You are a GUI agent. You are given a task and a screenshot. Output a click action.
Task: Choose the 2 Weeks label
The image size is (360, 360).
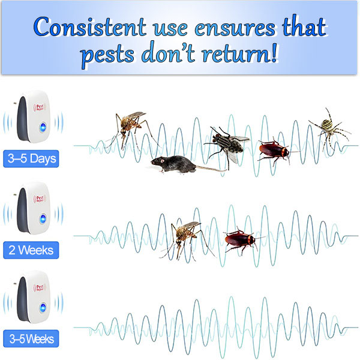(31, 250)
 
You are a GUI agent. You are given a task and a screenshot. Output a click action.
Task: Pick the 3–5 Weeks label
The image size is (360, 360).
(31, 339)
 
